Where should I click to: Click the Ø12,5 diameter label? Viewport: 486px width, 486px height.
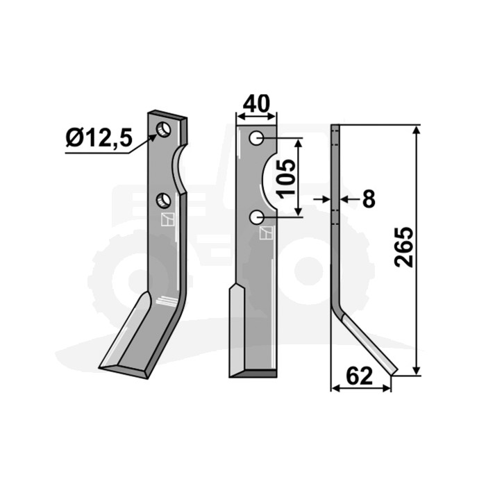(99, 138)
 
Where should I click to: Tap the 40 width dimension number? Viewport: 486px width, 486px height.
(256, 104)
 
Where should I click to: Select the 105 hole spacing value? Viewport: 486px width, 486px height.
(286, 179)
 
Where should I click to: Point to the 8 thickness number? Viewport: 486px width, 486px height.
(369, 199)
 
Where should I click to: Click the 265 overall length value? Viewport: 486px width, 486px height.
(404, 247)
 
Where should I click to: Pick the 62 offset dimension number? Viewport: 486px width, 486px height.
(359, 376)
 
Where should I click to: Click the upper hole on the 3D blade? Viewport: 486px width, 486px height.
(164, 129)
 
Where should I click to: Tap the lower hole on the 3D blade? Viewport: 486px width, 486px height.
(163, 201)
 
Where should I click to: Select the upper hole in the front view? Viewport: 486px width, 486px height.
(257, 138)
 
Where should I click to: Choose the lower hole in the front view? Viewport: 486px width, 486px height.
(257, 217)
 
